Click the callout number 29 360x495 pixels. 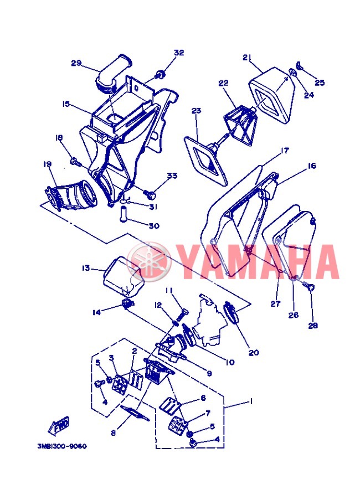(x=76, y=63)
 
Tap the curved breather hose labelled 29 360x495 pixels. (x=111, y=73)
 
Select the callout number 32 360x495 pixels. (x=179, y=53)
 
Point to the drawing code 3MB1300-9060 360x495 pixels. (x=62, y=446)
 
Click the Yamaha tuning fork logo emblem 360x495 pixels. (x=149, y=261)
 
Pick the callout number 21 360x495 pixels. (x=246, y=58)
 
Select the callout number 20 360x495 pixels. (x=253, y=352)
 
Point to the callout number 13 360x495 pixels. (x=86, y=269)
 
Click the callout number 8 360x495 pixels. (x=114, y=434)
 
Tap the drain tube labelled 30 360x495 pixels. (x=124, y=214)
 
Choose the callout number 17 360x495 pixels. (x=285, y=151)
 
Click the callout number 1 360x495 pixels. (x=251, y=402)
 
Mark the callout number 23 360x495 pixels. (x=196, y=111)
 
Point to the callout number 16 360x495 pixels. (x=311, y=166)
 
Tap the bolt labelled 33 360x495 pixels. (x=150, y=194)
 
